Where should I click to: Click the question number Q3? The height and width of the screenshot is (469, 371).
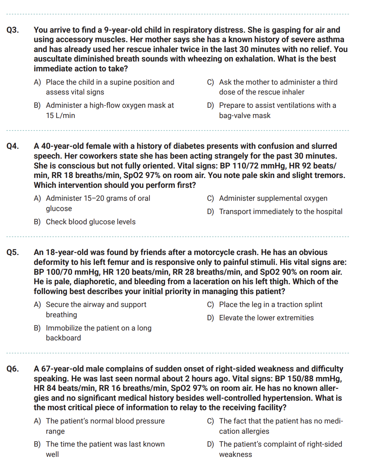click(x=13, y=30)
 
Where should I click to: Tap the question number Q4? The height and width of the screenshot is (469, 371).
click(x=13, y=146)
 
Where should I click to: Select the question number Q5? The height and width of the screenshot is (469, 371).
click(x=13, y=252)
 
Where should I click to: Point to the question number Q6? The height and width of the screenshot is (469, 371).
click(x=13, y=369)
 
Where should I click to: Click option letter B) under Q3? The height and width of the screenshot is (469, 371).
click(x=37, y=105)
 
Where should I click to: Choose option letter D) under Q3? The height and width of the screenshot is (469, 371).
click(x=211, y=105)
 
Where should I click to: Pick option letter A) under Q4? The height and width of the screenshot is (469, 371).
click(x=37, y=198)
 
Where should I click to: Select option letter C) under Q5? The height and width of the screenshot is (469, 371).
click(x=211, y=305)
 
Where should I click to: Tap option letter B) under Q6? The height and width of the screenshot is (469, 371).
click(x=37, y=444)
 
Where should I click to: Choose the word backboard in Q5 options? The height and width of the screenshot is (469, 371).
click(x=63, y=338)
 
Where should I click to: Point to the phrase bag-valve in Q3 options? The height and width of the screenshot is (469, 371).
click(x=236, y=116)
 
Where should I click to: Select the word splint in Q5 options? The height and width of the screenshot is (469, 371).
click(x=312, y=305)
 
